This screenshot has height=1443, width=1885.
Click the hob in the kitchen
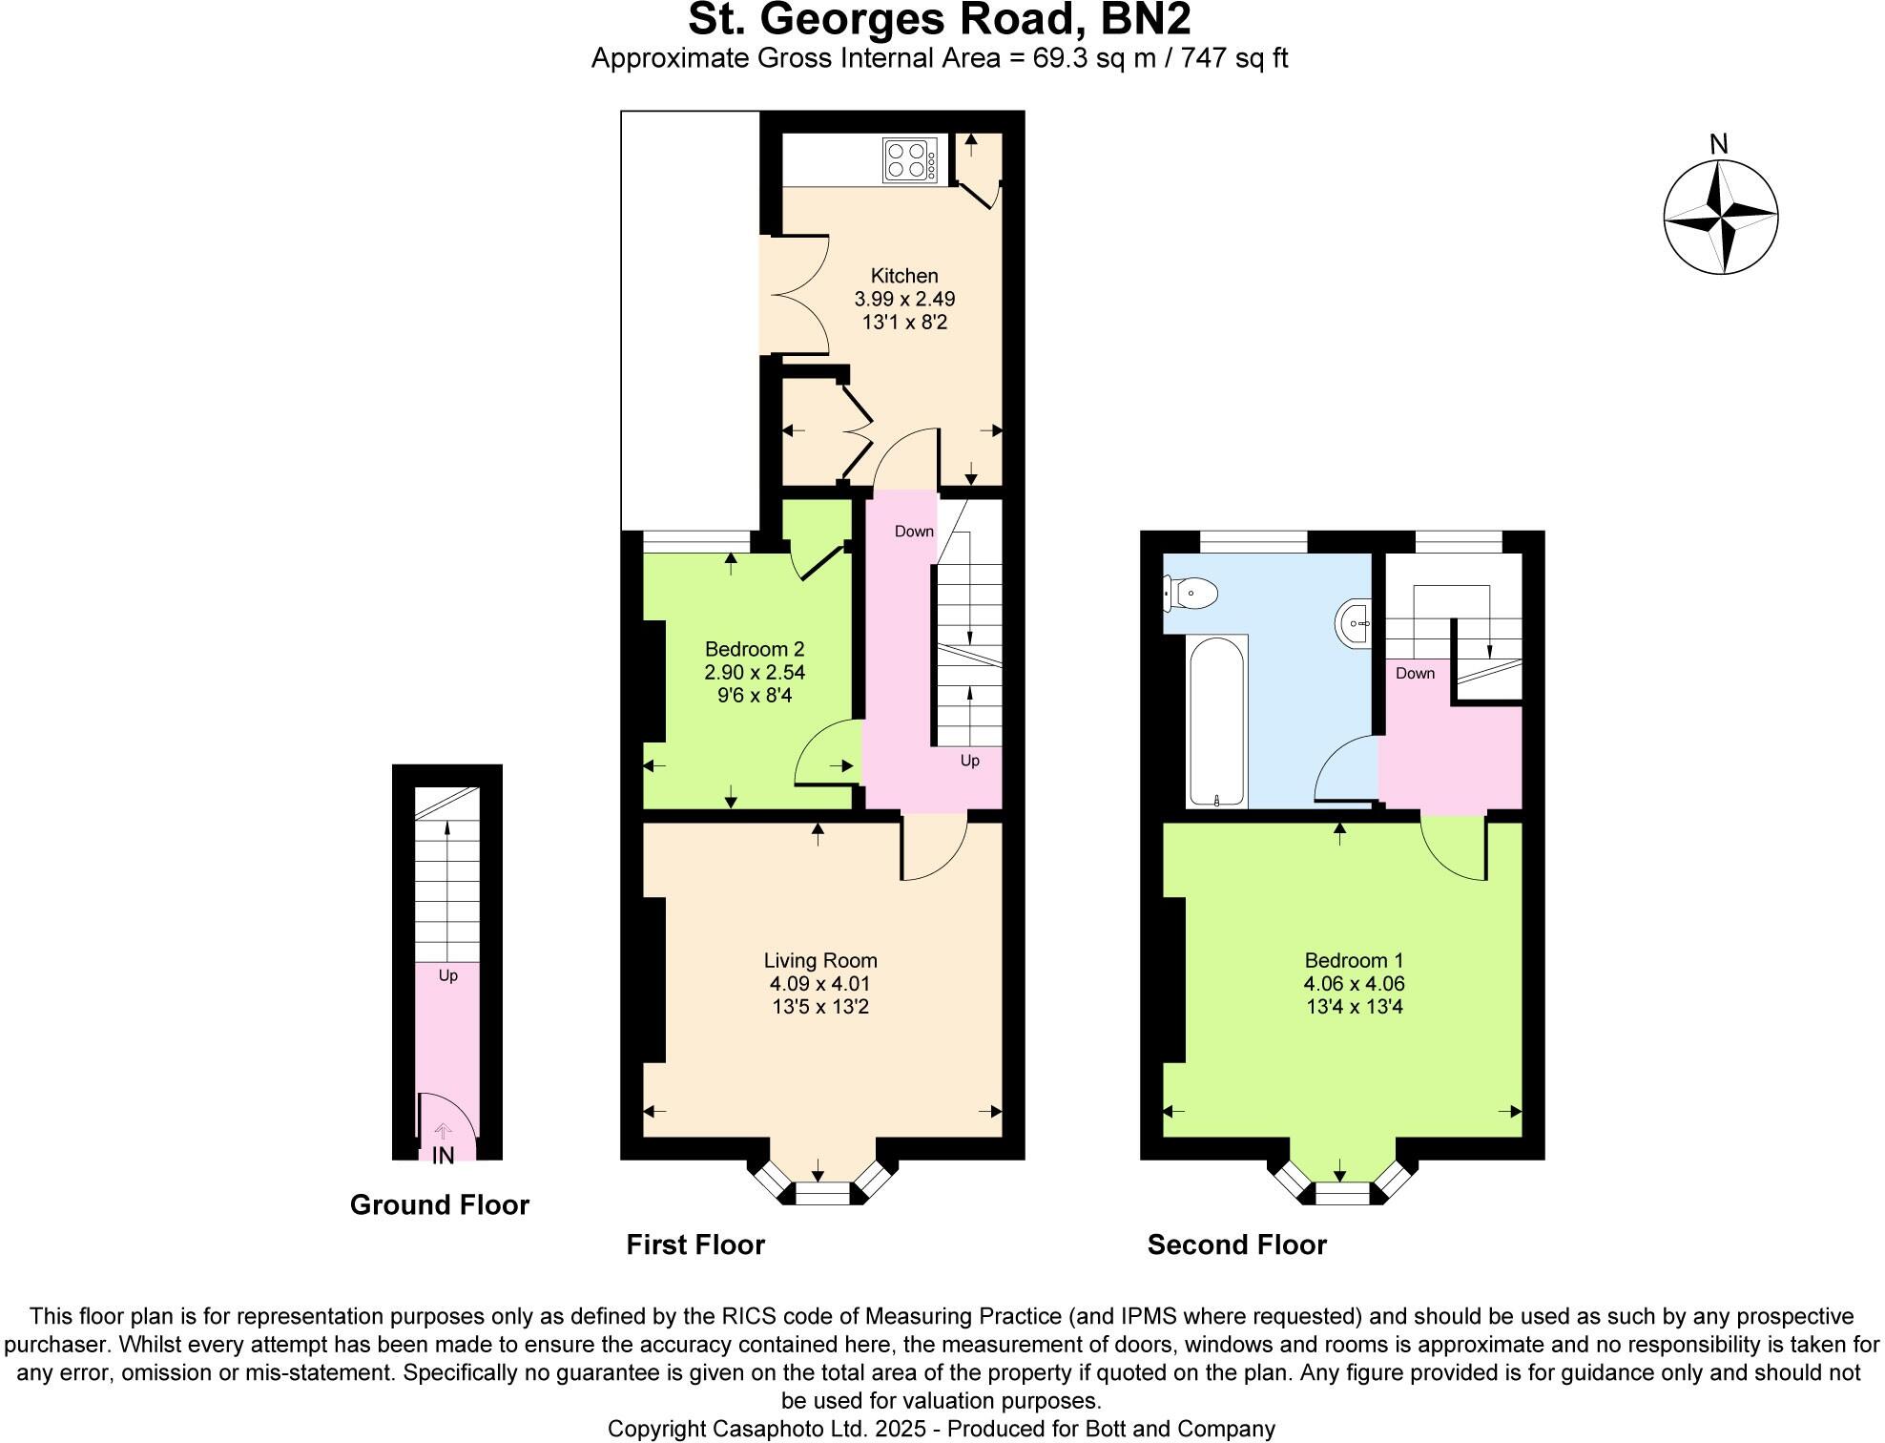pos(909,160)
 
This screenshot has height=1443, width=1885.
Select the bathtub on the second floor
pos(1216,721)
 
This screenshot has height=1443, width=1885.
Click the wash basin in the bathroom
pos(1355,623)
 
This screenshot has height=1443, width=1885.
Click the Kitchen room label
pos(904,276)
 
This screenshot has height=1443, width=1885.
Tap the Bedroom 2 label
pos(754,650)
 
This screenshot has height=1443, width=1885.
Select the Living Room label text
pos(820,961)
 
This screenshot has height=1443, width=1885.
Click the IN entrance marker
pos(443,1156)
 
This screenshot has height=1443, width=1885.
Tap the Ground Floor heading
pos(439,1205)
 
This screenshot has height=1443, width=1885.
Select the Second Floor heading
pos(1236,1245)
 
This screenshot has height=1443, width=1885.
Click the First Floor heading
pos(695,1245)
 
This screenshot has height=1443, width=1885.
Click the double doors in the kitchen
pos(797,296)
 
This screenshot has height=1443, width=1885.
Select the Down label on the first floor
pos(914,532)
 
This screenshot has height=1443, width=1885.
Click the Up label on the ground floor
pos(447,975)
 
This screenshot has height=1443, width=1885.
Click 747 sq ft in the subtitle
pos(1234,58)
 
